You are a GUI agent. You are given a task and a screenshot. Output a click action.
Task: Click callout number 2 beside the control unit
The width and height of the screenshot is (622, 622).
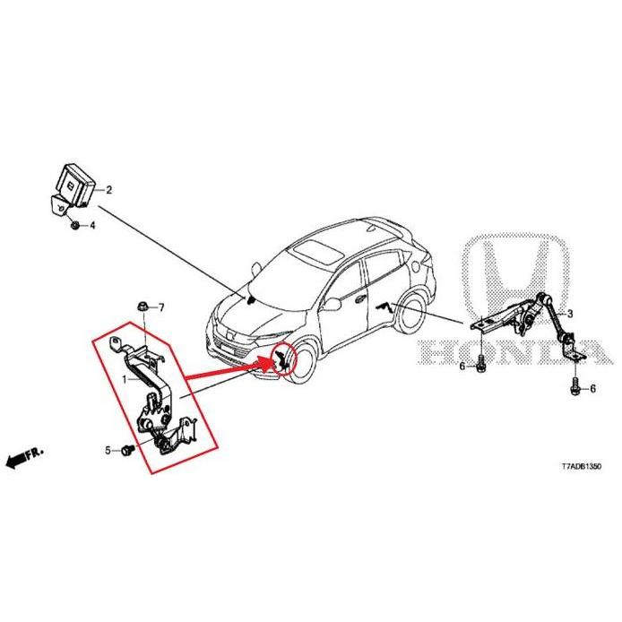pos(108,190)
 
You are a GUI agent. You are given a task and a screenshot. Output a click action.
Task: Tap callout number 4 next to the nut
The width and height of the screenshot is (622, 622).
pos(92,226)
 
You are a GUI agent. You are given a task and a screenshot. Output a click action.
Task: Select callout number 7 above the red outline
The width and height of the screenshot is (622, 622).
pos(161,307)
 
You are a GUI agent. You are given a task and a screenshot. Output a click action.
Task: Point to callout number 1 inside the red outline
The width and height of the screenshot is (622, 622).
pos(125,380)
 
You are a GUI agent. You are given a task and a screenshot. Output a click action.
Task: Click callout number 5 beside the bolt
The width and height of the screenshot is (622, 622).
pos(108,451)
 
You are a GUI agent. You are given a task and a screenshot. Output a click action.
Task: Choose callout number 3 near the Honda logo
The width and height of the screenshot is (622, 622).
pos(570,314)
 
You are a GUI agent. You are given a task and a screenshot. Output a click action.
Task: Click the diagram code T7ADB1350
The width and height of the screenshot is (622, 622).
pos(581,466)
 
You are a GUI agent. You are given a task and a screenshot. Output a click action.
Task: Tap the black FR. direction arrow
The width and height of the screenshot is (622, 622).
pos(24,457)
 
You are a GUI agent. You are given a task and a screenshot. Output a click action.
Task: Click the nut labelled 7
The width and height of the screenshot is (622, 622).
pos(142,307)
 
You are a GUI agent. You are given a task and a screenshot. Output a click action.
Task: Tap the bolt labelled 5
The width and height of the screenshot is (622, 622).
pos(128,450)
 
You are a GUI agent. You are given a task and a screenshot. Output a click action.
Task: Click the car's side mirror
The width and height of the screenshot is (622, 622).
pos(333,304)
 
